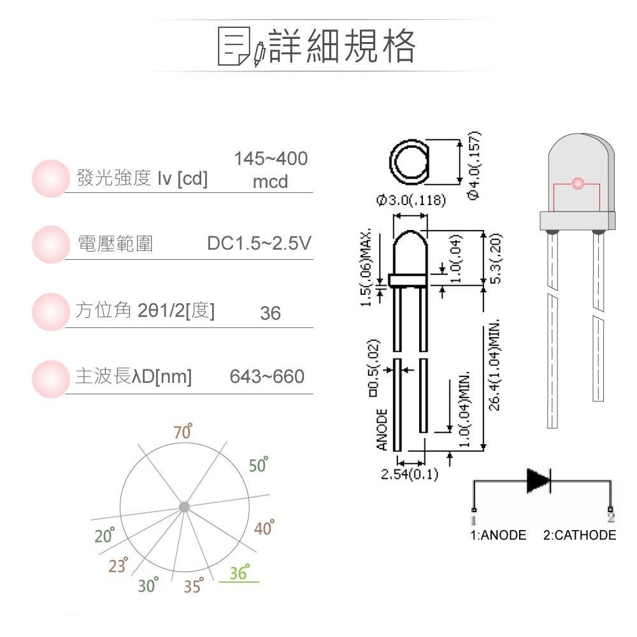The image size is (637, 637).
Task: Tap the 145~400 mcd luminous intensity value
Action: (270, 170)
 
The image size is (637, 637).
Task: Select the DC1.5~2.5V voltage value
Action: (259, 243)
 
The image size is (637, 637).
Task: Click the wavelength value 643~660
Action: (267, 377)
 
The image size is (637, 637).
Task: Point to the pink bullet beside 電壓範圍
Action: (50, 244)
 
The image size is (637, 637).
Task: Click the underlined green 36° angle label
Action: (240, 573)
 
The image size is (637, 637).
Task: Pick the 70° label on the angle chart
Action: (183, 433)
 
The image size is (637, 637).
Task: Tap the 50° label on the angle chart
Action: (259, 465)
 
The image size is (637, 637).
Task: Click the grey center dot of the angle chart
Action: (184, 507)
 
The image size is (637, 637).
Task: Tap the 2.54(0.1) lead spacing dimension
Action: (409, 475)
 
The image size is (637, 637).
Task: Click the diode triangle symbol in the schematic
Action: (538, 481)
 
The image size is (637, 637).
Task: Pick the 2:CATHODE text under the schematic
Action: (580, 535)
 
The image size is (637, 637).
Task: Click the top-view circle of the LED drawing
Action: (410, 160)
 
